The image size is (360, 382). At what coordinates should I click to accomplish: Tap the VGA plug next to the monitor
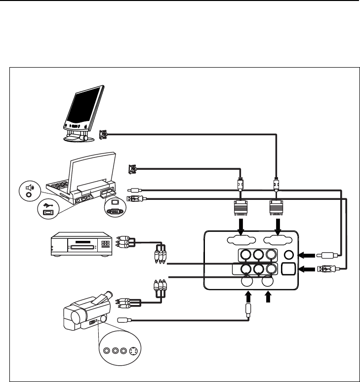103,133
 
